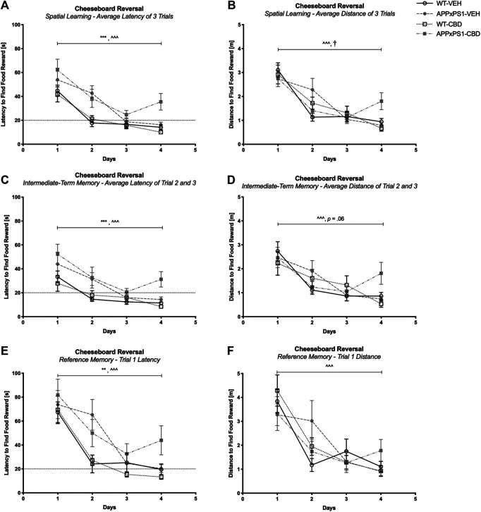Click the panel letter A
(5, 6)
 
